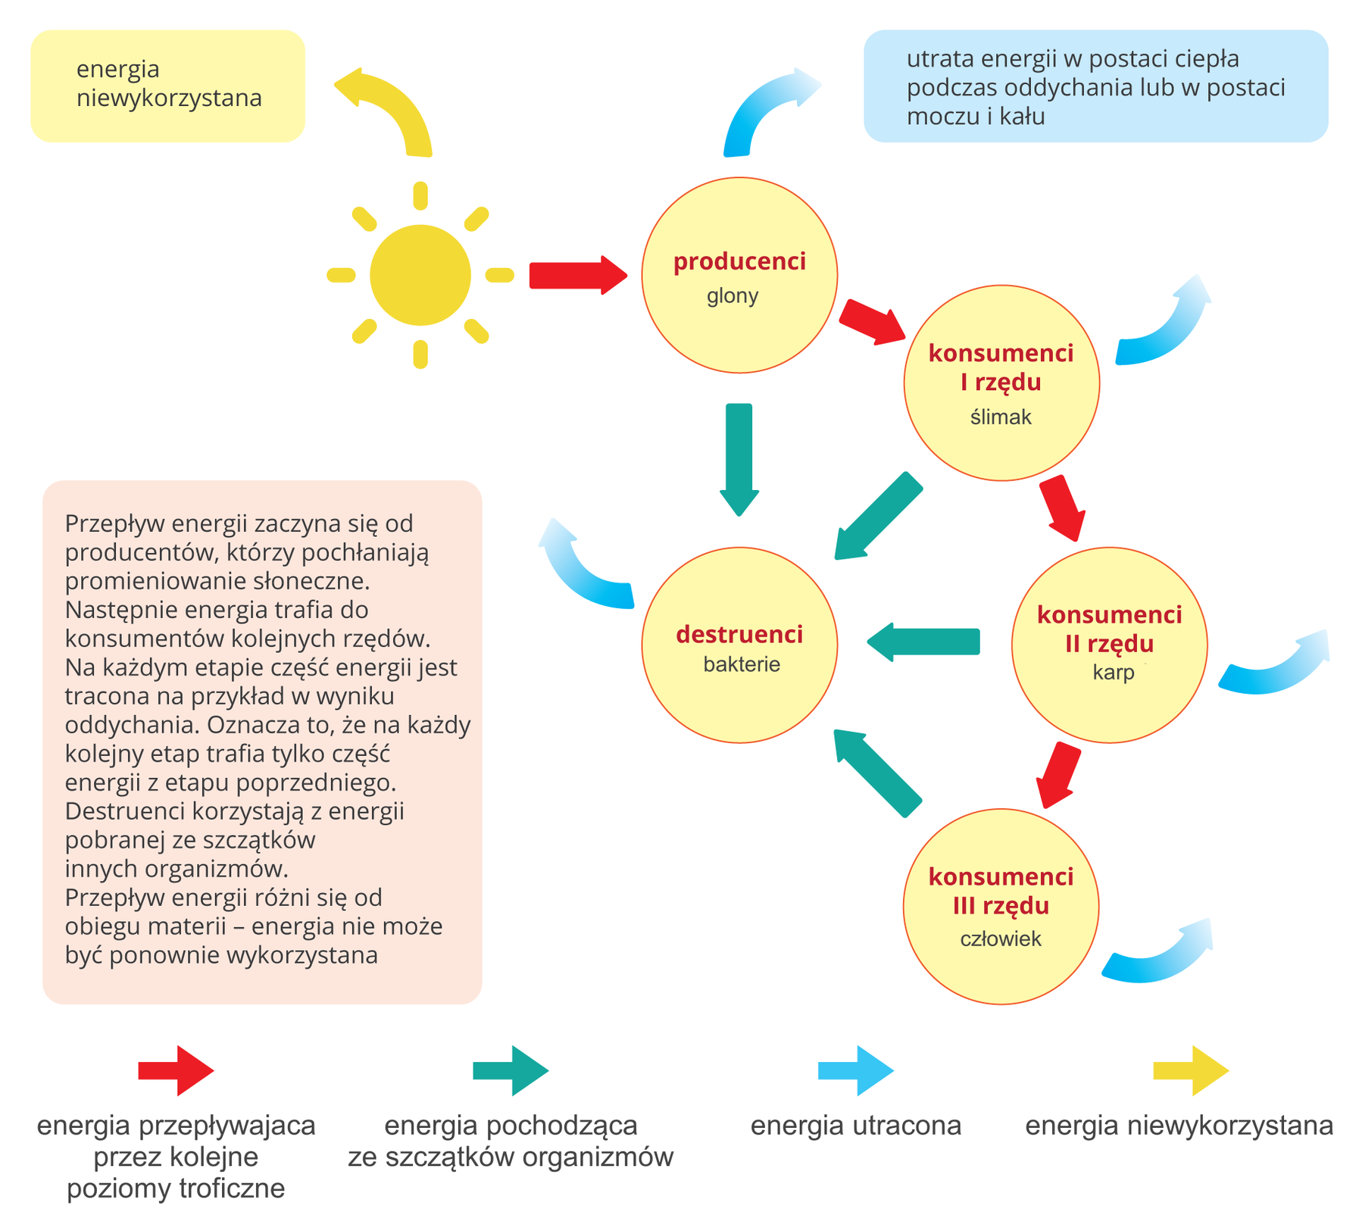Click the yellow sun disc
coord(420,275)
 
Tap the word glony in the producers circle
coord(732,295)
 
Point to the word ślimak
coord(1000,417)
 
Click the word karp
coord(1113,672)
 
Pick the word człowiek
coord(1000,939)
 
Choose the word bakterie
coord(741,664)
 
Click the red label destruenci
coord(739,634)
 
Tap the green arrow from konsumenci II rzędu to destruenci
coord(923,641)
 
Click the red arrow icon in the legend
coord(176,1070)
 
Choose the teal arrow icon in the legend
coord(510,1070)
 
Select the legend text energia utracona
coord(855,1125)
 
